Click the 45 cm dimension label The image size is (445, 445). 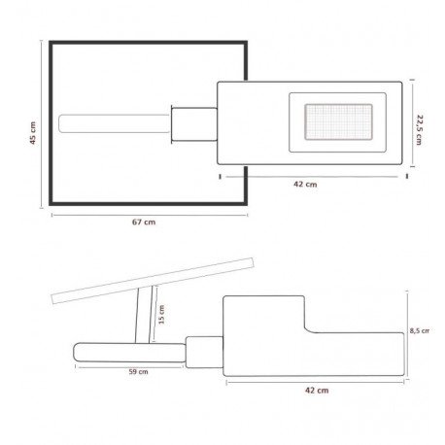pyautogui.click(x=33, y=133)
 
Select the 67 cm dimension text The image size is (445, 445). pyautogui.click(x=144, y=222)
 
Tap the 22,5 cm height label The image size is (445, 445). pyautogui.click(x=419, y=129)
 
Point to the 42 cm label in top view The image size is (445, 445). pyautogui.click(x=305, y=185)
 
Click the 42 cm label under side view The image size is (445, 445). pyautogui.click(x=317, y=391)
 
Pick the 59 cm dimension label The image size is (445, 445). pyautogui.click(x=138, y=372)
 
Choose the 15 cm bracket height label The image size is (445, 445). pyautogui.click(x=161, y=314)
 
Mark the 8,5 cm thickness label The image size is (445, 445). pyautogui.click(x=420, y=330)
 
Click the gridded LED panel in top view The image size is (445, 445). pyautogui.click(x=338, y=121)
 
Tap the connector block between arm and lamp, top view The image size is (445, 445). pyautogui.click(x=194, y=124)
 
